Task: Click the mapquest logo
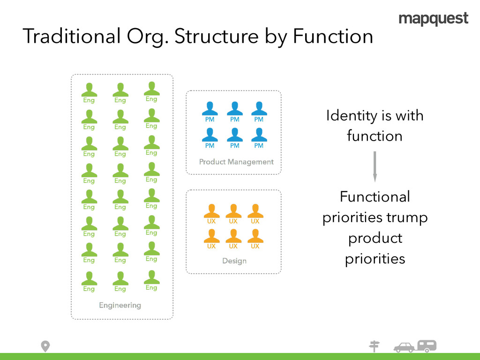pos(433,19)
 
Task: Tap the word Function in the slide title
pos(333,37)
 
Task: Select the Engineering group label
pos(120,305)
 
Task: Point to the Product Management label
pos(236,162)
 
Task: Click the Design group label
pos(234,261)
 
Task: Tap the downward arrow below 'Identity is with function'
pos(375,166)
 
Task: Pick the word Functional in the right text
pos(375,196)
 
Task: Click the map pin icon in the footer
pos(45,346)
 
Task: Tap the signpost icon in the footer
pos(374,346)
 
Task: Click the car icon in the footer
pos(404,347)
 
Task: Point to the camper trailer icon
pos(427,346)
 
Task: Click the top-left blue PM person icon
pos(210,109)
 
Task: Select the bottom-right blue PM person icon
pos(259,135)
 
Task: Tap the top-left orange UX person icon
pos(211,210)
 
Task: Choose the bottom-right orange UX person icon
pos(255,235)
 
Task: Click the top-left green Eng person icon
pos(89,90)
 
